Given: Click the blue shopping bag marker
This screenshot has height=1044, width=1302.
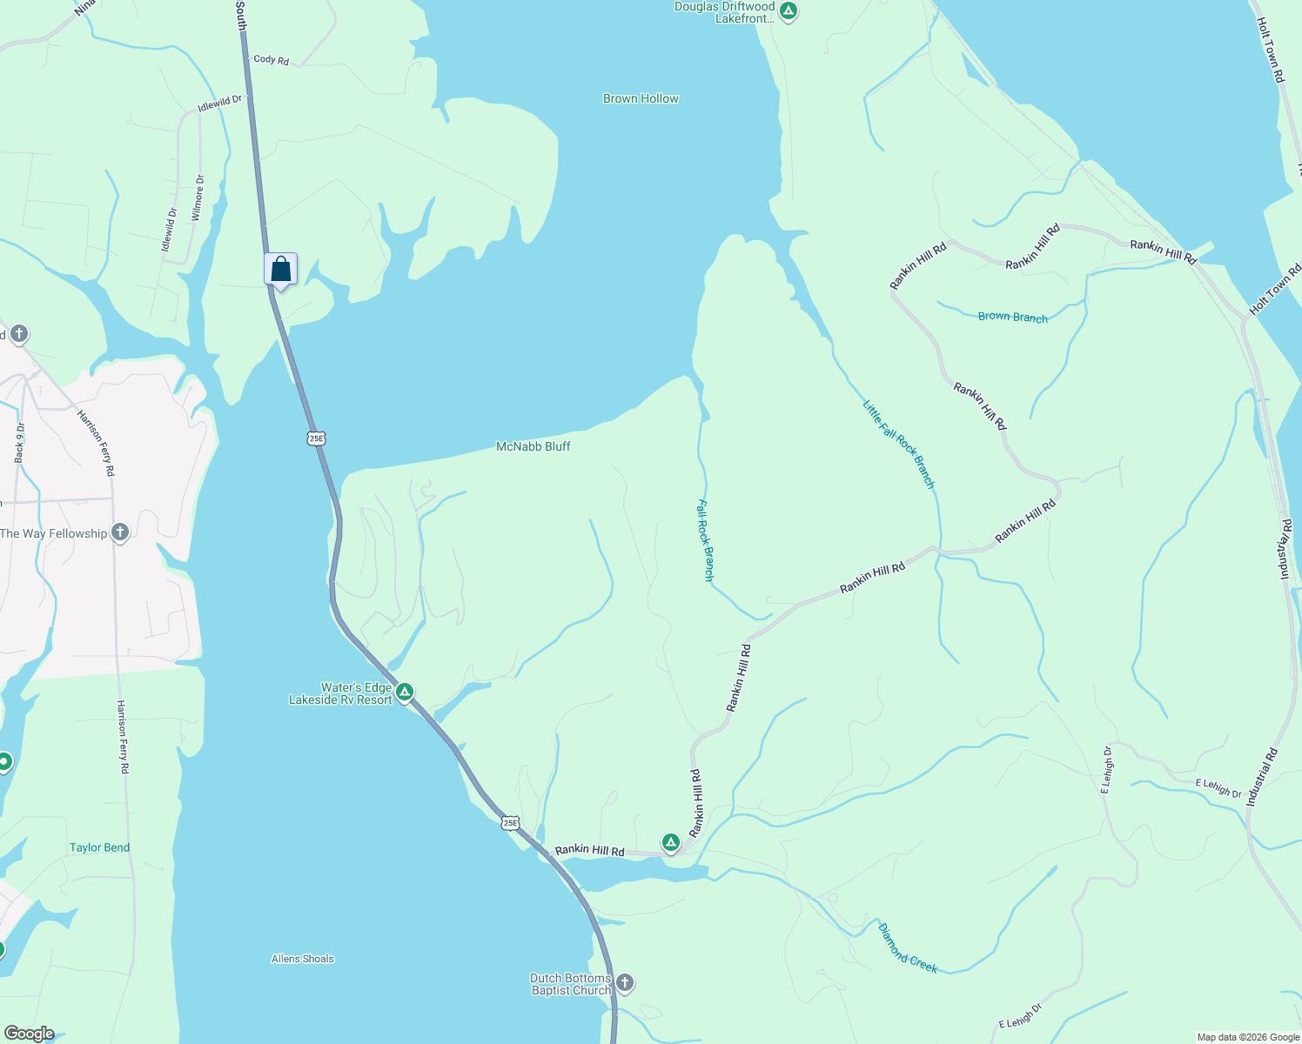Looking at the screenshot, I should coord(280,269).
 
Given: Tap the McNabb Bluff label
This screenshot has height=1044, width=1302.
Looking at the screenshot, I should coord(533,446).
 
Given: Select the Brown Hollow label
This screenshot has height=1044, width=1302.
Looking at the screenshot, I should coord(641,98).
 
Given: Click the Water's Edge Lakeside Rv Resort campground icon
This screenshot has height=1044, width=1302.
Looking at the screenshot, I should coord(405,693).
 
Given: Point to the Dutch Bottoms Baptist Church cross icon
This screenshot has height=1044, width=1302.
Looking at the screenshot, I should coord(625,983).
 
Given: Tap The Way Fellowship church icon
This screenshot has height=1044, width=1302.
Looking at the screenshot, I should coord(120,532).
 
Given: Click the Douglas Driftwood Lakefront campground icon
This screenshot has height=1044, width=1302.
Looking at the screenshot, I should coord(788,11).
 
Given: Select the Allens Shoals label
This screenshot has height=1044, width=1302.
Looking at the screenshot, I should coord(303,959).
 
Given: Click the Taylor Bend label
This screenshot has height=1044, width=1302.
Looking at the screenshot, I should coord(99,847).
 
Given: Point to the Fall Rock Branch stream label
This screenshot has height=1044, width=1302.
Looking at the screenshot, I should coord(706,539).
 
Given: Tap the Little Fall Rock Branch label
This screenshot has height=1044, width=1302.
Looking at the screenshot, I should coord(899,444).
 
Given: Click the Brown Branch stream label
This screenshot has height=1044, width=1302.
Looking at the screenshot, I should coord(1012,317).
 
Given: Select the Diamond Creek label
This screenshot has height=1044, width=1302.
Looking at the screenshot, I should coord(907,948).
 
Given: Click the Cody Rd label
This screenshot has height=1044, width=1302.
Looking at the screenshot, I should coord(271,60).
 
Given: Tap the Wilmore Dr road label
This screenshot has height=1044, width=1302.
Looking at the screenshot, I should coord(198,197).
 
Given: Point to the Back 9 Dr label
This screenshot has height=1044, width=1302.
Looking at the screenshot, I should coord(20,442).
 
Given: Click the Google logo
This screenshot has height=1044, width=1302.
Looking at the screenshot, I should coord(29,1034).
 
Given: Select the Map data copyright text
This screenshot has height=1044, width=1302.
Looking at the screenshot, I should coord(1248,1037).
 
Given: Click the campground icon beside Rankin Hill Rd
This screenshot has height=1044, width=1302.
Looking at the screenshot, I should coord(670,842).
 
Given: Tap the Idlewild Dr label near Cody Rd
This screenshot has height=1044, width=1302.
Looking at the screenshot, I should coord(219,104).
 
